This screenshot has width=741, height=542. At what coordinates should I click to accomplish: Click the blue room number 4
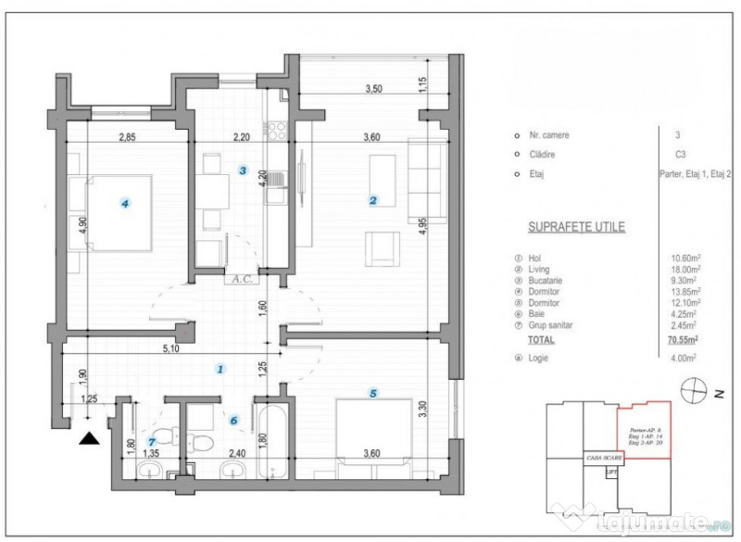(x=126, y=205)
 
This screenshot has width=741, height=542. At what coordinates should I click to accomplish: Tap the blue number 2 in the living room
(x=372, y=199)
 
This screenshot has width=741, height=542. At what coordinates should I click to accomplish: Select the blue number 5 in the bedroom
(x=373, y=394)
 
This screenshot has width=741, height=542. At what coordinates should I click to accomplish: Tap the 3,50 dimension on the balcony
(x=373, y=90)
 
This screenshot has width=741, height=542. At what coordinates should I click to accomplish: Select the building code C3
(x=682, y=155)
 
